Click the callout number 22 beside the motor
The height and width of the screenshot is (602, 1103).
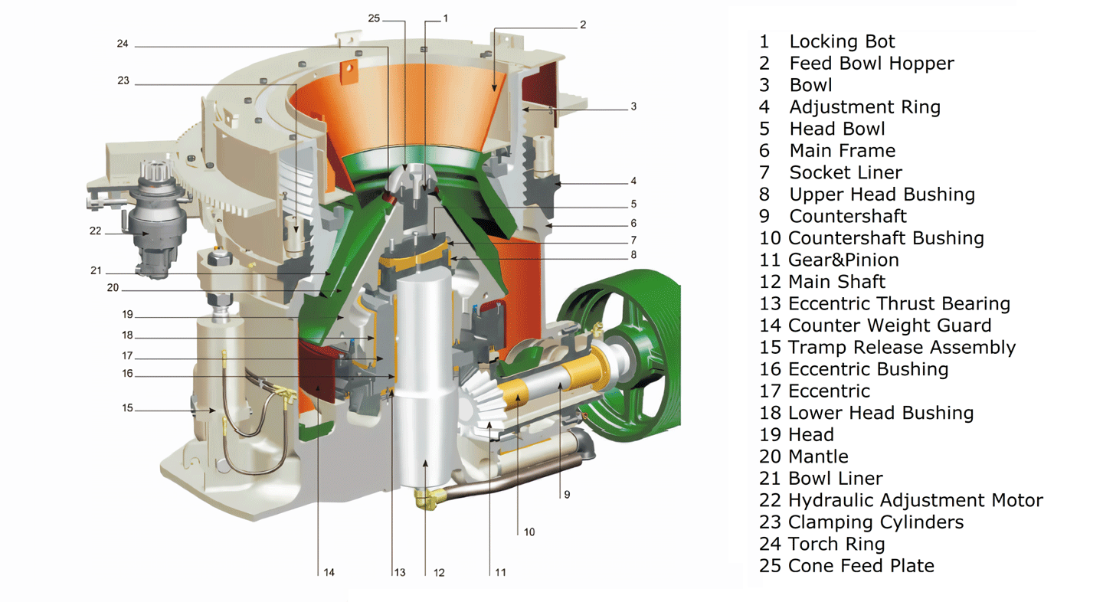click(95, 231)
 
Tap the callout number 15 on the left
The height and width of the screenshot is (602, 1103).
click(127, 408)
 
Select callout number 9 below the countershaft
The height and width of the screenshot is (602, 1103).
click(567, 495)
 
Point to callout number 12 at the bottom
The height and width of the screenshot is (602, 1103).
click(439, 572)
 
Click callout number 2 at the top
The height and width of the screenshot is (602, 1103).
click(583, 25)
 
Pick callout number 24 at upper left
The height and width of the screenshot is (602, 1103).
click(123, 44)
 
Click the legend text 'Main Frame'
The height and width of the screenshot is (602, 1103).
click(842, 151)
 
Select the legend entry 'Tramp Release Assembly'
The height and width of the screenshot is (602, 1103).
click(901, 348)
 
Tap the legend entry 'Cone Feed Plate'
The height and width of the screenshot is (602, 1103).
click(861, 566)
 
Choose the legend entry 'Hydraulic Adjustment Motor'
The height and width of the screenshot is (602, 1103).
click(915, 501)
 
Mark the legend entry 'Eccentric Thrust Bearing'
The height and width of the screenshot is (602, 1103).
click(898, 304)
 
